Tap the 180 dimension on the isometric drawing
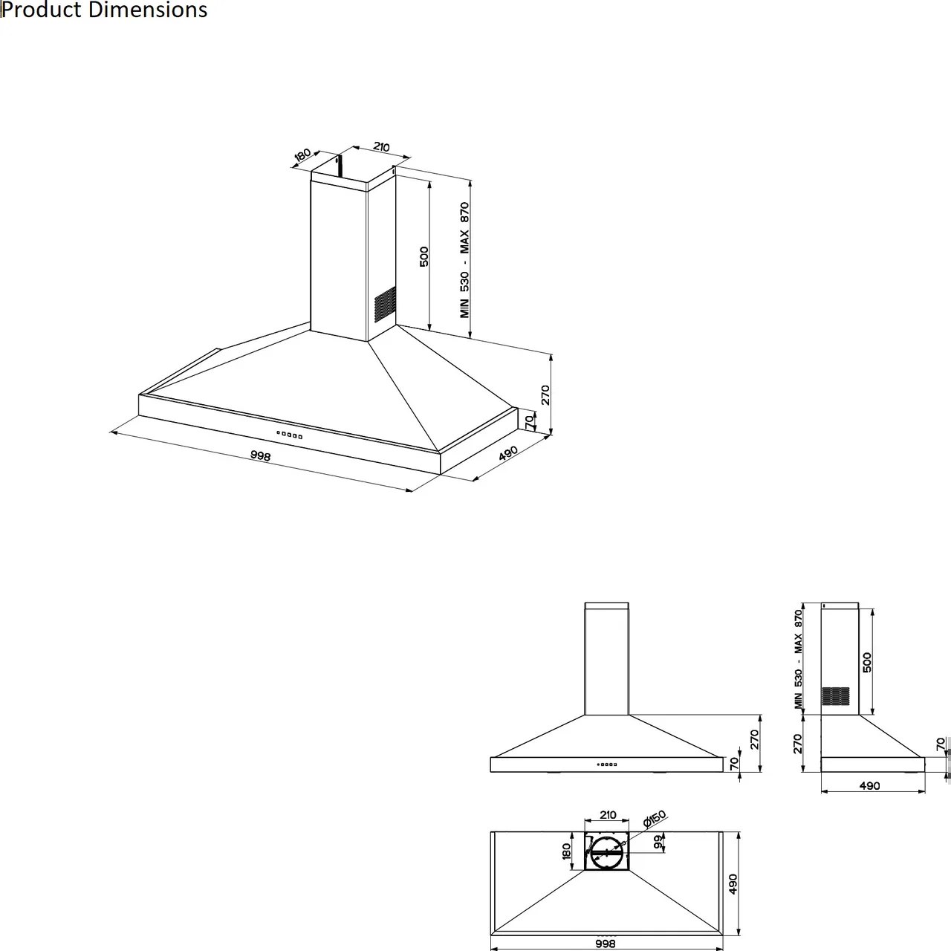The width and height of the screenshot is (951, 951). [x=302, y=155]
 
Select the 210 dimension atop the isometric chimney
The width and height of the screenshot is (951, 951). [x=381, y=147]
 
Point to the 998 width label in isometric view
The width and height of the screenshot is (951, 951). [x=260, y=456]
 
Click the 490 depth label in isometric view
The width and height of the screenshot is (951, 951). [x=508, y=454]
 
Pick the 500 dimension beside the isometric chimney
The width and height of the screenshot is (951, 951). [x=425, y=257]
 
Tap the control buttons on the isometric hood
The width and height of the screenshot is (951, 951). [x=290, y=435]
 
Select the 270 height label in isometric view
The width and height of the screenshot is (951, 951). [x=545, y=395]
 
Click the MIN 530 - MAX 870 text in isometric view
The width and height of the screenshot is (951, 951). [x=465, y=260]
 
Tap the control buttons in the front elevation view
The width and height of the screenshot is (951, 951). [x=607, y=764]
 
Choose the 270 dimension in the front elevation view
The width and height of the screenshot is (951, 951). [x=754, y=739]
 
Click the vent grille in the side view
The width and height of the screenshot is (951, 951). [x=835, y=695]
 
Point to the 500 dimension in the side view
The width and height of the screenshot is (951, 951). [x=867, y=662]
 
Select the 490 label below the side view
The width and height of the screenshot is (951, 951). [x=869, y=785]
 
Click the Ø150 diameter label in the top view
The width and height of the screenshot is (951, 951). [x=655, y=819]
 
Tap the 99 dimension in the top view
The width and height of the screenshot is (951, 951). [x=658, y=842]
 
